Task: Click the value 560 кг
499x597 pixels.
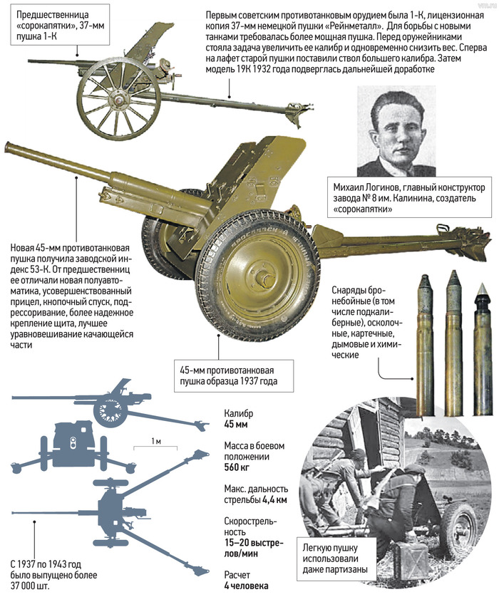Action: (x=238, y=468)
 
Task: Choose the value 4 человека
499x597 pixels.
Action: (x=246, y=586)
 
